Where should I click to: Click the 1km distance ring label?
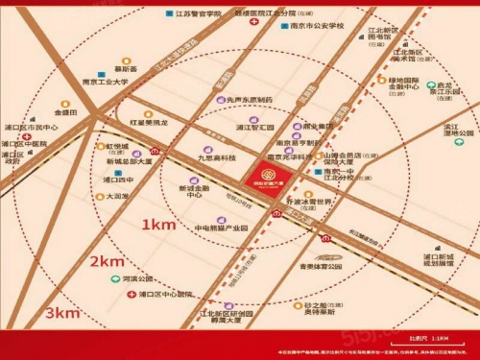coord(158,226)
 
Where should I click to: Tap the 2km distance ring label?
coord(108,262)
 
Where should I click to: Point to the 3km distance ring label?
coord(60,313)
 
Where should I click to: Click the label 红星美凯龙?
coord(149,123)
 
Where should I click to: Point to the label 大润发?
coord(120,196)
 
